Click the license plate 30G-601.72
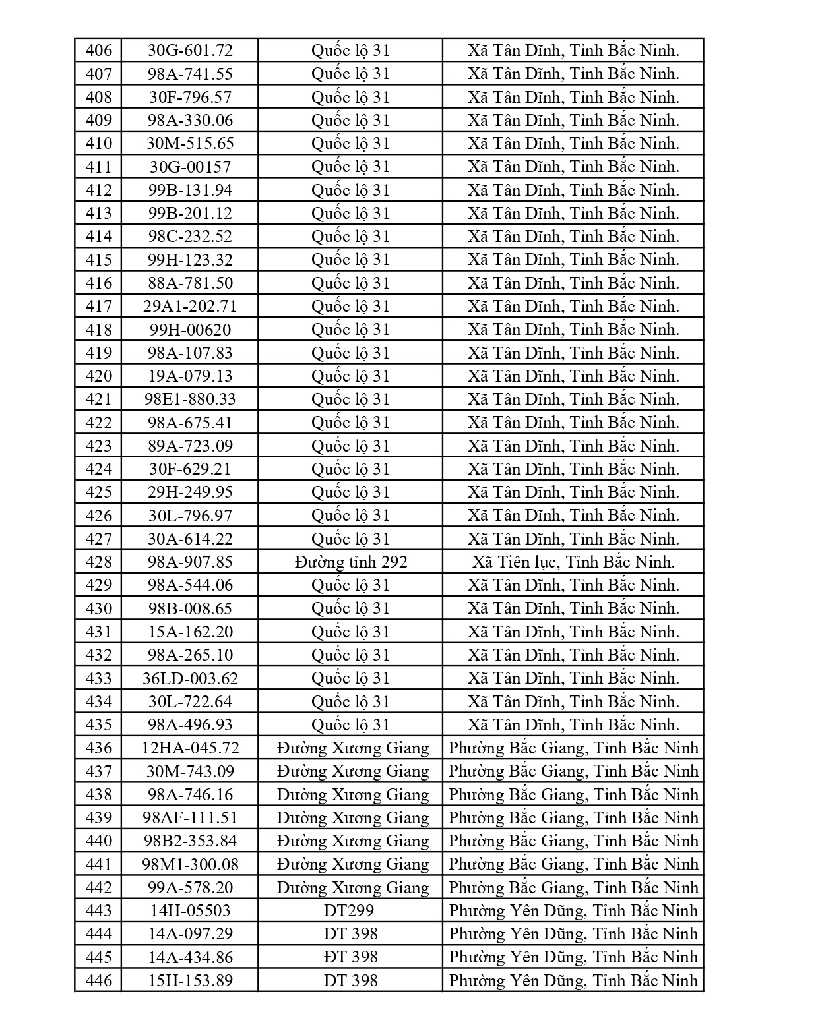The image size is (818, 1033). point(190,51)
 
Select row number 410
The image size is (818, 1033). point(99,144)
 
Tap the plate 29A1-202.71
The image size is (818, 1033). point(190,307)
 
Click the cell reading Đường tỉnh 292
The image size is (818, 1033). point(350,562)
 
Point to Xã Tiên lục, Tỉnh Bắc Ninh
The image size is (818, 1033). point(573,562)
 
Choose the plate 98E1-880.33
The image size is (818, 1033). point(190,399)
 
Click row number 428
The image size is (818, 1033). point(99,562)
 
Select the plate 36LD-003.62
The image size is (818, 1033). point(190,678)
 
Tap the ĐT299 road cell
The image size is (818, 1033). point(350,911)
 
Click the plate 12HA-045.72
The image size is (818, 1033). point(190,748)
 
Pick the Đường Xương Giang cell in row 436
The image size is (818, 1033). point(353,748)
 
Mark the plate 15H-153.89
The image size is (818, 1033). point(190,981)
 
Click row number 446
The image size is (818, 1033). point(99,981)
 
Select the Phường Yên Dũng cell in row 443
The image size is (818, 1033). point(573,911)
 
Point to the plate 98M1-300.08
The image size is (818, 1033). point(190,864)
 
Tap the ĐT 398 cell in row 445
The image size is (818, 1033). point(350,957)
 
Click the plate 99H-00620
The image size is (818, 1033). point(190,330)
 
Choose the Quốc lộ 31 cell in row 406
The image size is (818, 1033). point(350,51)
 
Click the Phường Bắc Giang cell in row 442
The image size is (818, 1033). point(573,888)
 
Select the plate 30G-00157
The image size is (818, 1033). point(190,167)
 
